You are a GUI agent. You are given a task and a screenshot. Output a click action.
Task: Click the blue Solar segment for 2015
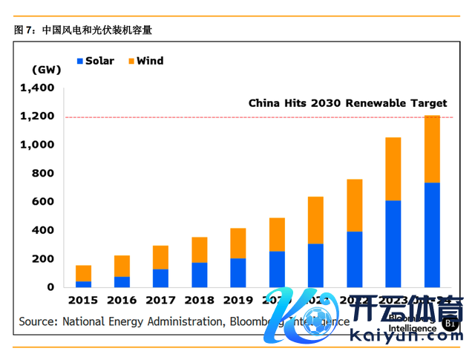click(x=83, y=284)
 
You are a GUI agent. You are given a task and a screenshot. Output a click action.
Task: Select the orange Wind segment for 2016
click(x=122, y=266)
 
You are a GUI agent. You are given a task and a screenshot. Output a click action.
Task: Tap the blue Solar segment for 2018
click(x=199, y=275)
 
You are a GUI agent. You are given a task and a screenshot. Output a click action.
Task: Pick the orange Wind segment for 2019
click(x=237, y=243)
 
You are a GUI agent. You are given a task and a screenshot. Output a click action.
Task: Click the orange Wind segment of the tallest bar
click(x=431, y=149)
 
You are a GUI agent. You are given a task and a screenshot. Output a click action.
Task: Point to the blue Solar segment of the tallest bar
click(x=431, y=235)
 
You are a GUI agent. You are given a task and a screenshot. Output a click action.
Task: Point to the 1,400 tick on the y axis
click(x=38, y=88)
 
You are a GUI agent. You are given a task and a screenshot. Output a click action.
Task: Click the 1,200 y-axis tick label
click(x=38, y=117)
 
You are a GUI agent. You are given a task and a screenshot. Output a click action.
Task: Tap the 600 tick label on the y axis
click(x=43, y=202)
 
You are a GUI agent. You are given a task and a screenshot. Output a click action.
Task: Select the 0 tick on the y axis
click(x=50, y=287)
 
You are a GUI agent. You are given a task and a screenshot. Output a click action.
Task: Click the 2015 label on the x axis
click(x=83, y=301)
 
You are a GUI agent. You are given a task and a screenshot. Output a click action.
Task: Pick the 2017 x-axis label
click(x=160, y=301)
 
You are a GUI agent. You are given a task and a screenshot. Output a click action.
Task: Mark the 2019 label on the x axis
click(x=237, y=301)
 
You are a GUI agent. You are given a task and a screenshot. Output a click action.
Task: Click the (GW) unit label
click(x=46, y=69)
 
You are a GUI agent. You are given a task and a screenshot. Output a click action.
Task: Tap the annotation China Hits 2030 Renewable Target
click(x=347, y=103)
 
